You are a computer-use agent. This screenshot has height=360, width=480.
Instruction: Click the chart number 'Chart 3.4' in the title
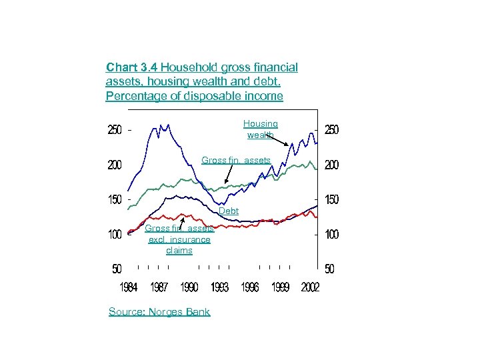click(132, 67)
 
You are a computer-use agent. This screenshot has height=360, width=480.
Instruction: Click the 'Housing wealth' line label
click(260, 129)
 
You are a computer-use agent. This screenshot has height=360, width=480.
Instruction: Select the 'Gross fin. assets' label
click(236, 160)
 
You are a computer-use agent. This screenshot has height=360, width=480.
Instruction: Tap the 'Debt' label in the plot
click(229, 211)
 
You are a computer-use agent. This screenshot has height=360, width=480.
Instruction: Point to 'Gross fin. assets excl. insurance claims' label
click(179, 239)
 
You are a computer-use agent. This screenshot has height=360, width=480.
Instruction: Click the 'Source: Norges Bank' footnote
click(159, 311)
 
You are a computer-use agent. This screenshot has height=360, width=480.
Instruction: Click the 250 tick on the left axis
click(115, 131)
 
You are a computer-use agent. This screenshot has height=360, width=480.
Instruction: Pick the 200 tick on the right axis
click(331, 165)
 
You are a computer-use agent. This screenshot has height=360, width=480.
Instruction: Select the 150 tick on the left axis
click(115, 200)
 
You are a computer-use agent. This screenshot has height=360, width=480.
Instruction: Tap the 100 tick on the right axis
click(331, 235)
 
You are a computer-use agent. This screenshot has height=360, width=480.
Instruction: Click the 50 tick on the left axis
click(117, 269)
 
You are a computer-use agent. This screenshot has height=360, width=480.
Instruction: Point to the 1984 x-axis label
click(129, 287)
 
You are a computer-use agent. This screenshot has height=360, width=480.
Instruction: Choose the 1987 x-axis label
click(159, 287)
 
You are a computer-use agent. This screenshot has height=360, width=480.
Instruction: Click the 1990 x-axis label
click(189, 287)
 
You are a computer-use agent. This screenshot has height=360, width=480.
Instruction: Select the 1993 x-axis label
click(219, 287)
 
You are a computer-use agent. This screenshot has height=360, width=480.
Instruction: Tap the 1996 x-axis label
click(250, 287)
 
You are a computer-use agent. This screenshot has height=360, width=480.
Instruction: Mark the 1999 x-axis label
click(280, 287)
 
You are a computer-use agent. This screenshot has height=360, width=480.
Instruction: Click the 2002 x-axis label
click(310, 287)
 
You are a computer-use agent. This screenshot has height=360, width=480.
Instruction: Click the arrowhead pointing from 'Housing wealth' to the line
click(287, 145)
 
